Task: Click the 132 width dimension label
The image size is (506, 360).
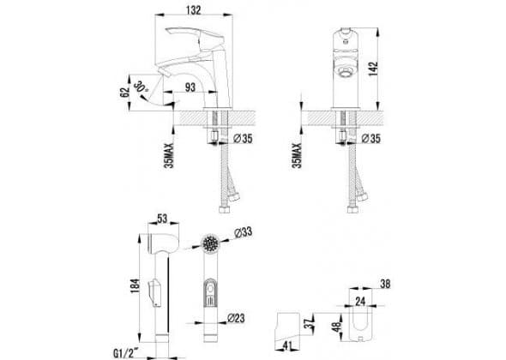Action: pyautogui.click(x=194, y=10)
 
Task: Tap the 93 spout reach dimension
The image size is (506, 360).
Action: pyautogui.click(x=190, y=87)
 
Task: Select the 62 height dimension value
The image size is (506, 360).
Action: pyautogui.click(x=124, y=93)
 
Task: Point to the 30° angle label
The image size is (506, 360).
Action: pyautogui.click(x=141, y=87)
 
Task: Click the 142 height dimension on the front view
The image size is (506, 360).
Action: pyautogui.click(x=373, y=69)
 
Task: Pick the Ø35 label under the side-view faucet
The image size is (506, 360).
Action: pyautogui.click(x=243, y=139)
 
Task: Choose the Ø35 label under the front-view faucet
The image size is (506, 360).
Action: pyautogui.click(x=370, y=139)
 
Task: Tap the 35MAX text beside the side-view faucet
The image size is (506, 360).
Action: pyautogui.click(x=169, y=155)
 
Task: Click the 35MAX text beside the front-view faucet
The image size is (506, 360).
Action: pyautogui.click(x=297, y=155)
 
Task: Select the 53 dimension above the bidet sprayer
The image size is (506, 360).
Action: pyautogui.click(x=162, y=219)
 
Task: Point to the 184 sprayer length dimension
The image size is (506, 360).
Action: pyautogui.click(x=135, y=285)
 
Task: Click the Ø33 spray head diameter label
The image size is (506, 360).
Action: pyautogui.click(x=243, y=232)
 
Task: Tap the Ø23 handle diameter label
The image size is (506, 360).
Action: pyautogui.click(x=236, y=318)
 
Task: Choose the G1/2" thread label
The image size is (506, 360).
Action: pyautogui.click(x=126, y=353)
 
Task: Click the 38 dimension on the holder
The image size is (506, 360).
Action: pyautogui.click(x=385, y=284)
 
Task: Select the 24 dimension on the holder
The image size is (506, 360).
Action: pyautogui.click(x=360, y=302)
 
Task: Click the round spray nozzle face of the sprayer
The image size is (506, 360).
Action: pyautogui.click(x=211, y=243)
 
